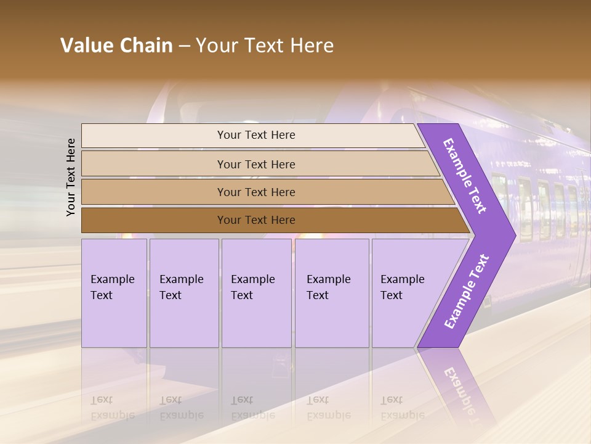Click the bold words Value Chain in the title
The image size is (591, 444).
116,46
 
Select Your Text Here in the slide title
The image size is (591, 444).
265,46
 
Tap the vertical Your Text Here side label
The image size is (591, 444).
71,177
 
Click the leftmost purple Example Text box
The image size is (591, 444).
114,293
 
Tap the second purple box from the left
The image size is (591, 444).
184,293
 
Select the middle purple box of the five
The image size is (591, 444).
256,293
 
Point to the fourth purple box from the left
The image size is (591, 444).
332,293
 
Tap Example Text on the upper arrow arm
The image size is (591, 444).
465,176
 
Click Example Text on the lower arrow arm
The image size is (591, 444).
466,292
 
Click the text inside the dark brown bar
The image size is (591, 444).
256,220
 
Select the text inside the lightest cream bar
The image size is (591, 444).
256,135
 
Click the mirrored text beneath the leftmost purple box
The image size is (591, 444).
112,408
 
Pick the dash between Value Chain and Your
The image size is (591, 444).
184,46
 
